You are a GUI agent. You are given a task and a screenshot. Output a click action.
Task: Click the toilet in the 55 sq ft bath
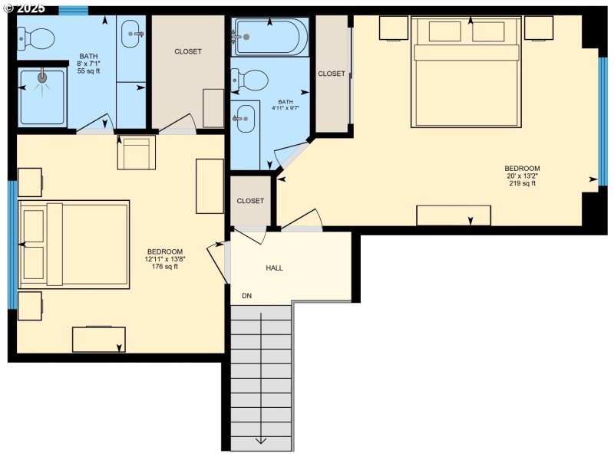[x=35, y=38]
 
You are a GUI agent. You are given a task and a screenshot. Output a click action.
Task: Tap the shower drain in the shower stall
[x=42, y=77]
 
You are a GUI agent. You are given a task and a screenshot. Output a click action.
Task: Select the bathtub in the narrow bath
[x=270, y=37]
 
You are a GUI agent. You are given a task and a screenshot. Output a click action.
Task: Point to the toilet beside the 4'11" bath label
[x=249, y=80]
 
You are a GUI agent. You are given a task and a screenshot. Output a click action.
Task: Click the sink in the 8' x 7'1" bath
[x=132, y=34]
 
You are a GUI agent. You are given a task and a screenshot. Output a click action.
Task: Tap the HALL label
[x=274, y=268]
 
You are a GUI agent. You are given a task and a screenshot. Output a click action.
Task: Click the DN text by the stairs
[x=246, y=296]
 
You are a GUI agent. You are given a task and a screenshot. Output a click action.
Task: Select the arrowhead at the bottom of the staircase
[x=261, y=441]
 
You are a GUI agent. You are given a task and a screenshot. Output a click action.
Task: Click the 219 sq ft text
[x=522, y=183]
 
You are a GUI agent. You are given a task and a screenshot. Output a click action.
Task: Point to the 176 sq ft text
[x=165, y=266]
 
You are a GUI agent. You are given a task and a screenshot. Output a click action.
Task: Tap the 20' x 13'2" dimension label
[x=522, y=176]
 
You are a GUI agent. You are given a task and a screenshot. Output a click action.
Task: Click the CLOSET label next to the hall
[x=250, y=201]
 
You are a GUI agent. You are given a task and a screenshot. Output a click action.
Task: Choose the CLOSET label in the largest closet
[x=188, y=51]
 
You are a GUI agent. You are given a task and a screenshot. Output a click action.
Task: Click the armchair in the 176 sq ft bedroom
[x=137, y=152]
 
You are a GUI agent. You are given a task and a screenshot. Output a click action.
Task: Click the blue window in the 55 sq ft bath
[x=73, y=11]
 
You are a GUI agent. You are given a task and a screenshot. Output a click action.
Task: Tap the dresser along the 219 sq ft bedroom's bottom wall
[x=454, y=215]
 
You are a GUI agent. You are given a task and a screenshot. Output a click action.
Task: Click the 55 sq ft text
[x=89, y=71]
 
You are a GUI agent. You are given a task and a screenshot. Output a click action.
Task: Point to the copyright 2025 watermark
[x=24, y=8]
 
